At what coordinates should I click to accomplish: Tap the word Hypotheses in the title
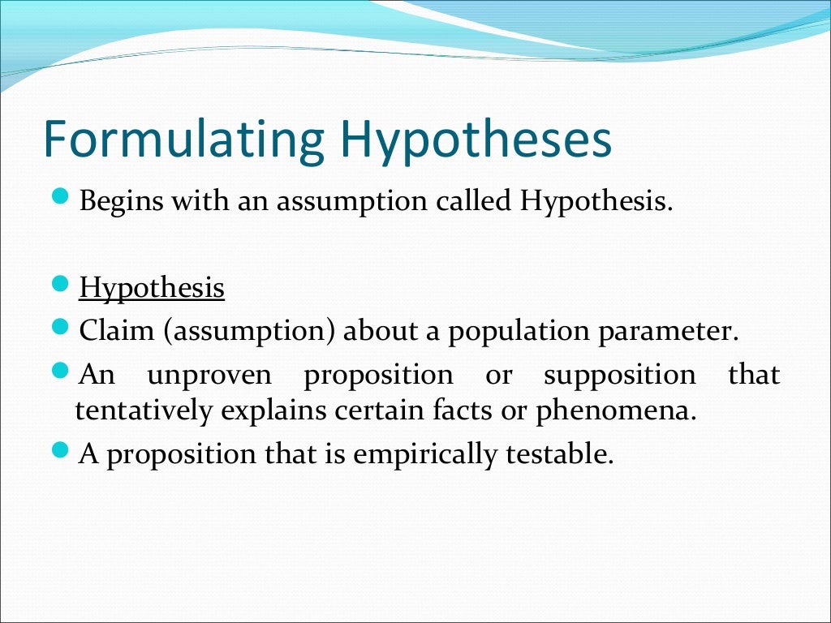pos(476,140)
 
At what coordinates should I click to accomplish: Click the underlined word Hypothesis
pos(152,288)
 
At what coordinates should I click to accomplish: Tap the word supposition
pos(619,375)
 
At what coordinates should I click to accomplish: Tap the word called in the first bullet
pos(474,200)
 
